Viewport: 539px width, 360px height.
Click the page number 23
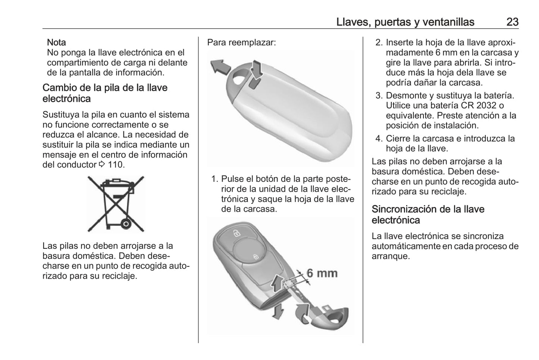(512, 22)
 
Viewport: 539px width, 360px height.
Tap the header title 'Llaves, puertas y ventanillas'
(405, 22)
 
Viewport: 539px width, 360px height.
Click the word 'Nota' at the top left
(56, 43)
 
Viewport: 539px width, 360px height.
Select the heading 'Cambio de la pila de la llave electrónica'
(105, 93)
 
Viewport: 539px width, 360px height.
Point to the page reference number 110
(116, 165)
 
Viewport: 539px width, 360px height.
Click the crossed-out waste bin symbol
(116, 204)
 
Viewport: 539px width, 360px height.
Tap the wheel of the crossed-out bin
(126, 223)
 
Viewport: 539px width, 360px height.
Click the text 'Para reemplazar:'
(241, 43)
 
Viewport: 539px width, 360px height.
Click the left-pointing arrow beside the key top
(219, 67)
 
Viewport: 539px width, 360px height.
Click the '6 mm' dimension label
(322, 273)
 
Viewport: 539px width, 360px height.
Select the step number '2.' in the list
(379, 43)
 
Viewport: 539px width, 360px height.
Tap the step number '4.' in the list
(379, 139)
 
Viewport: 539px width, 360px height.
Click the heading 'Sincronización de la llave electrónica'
(428, 215)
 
